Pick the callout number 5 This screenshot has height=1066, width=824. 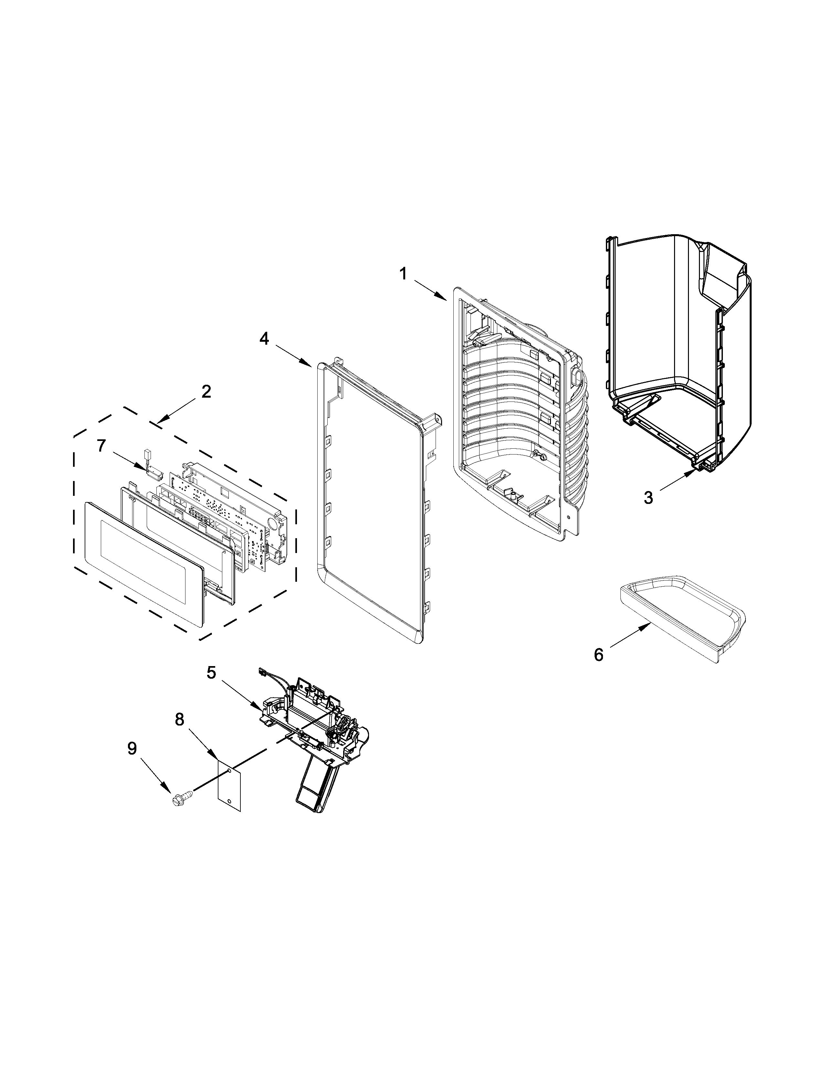211,672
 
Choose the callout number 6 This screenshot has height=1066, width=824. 598,654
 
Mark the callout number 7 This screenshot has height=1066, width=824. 101,446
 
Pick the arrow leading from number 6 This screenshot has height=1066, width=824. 631,637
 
